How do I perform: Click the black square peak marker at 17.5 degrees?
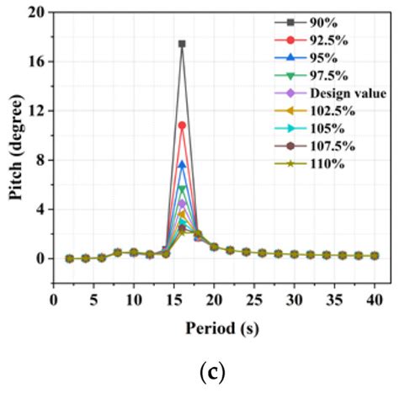[182, 44]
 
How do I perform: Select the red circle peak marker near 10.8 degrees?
[182, 125]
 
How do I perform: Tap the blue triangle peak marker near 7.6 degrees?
[182, 165]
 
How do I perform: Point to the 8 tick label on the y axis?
[40, 161]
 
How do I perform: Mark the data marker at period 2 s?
[69, 258]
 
